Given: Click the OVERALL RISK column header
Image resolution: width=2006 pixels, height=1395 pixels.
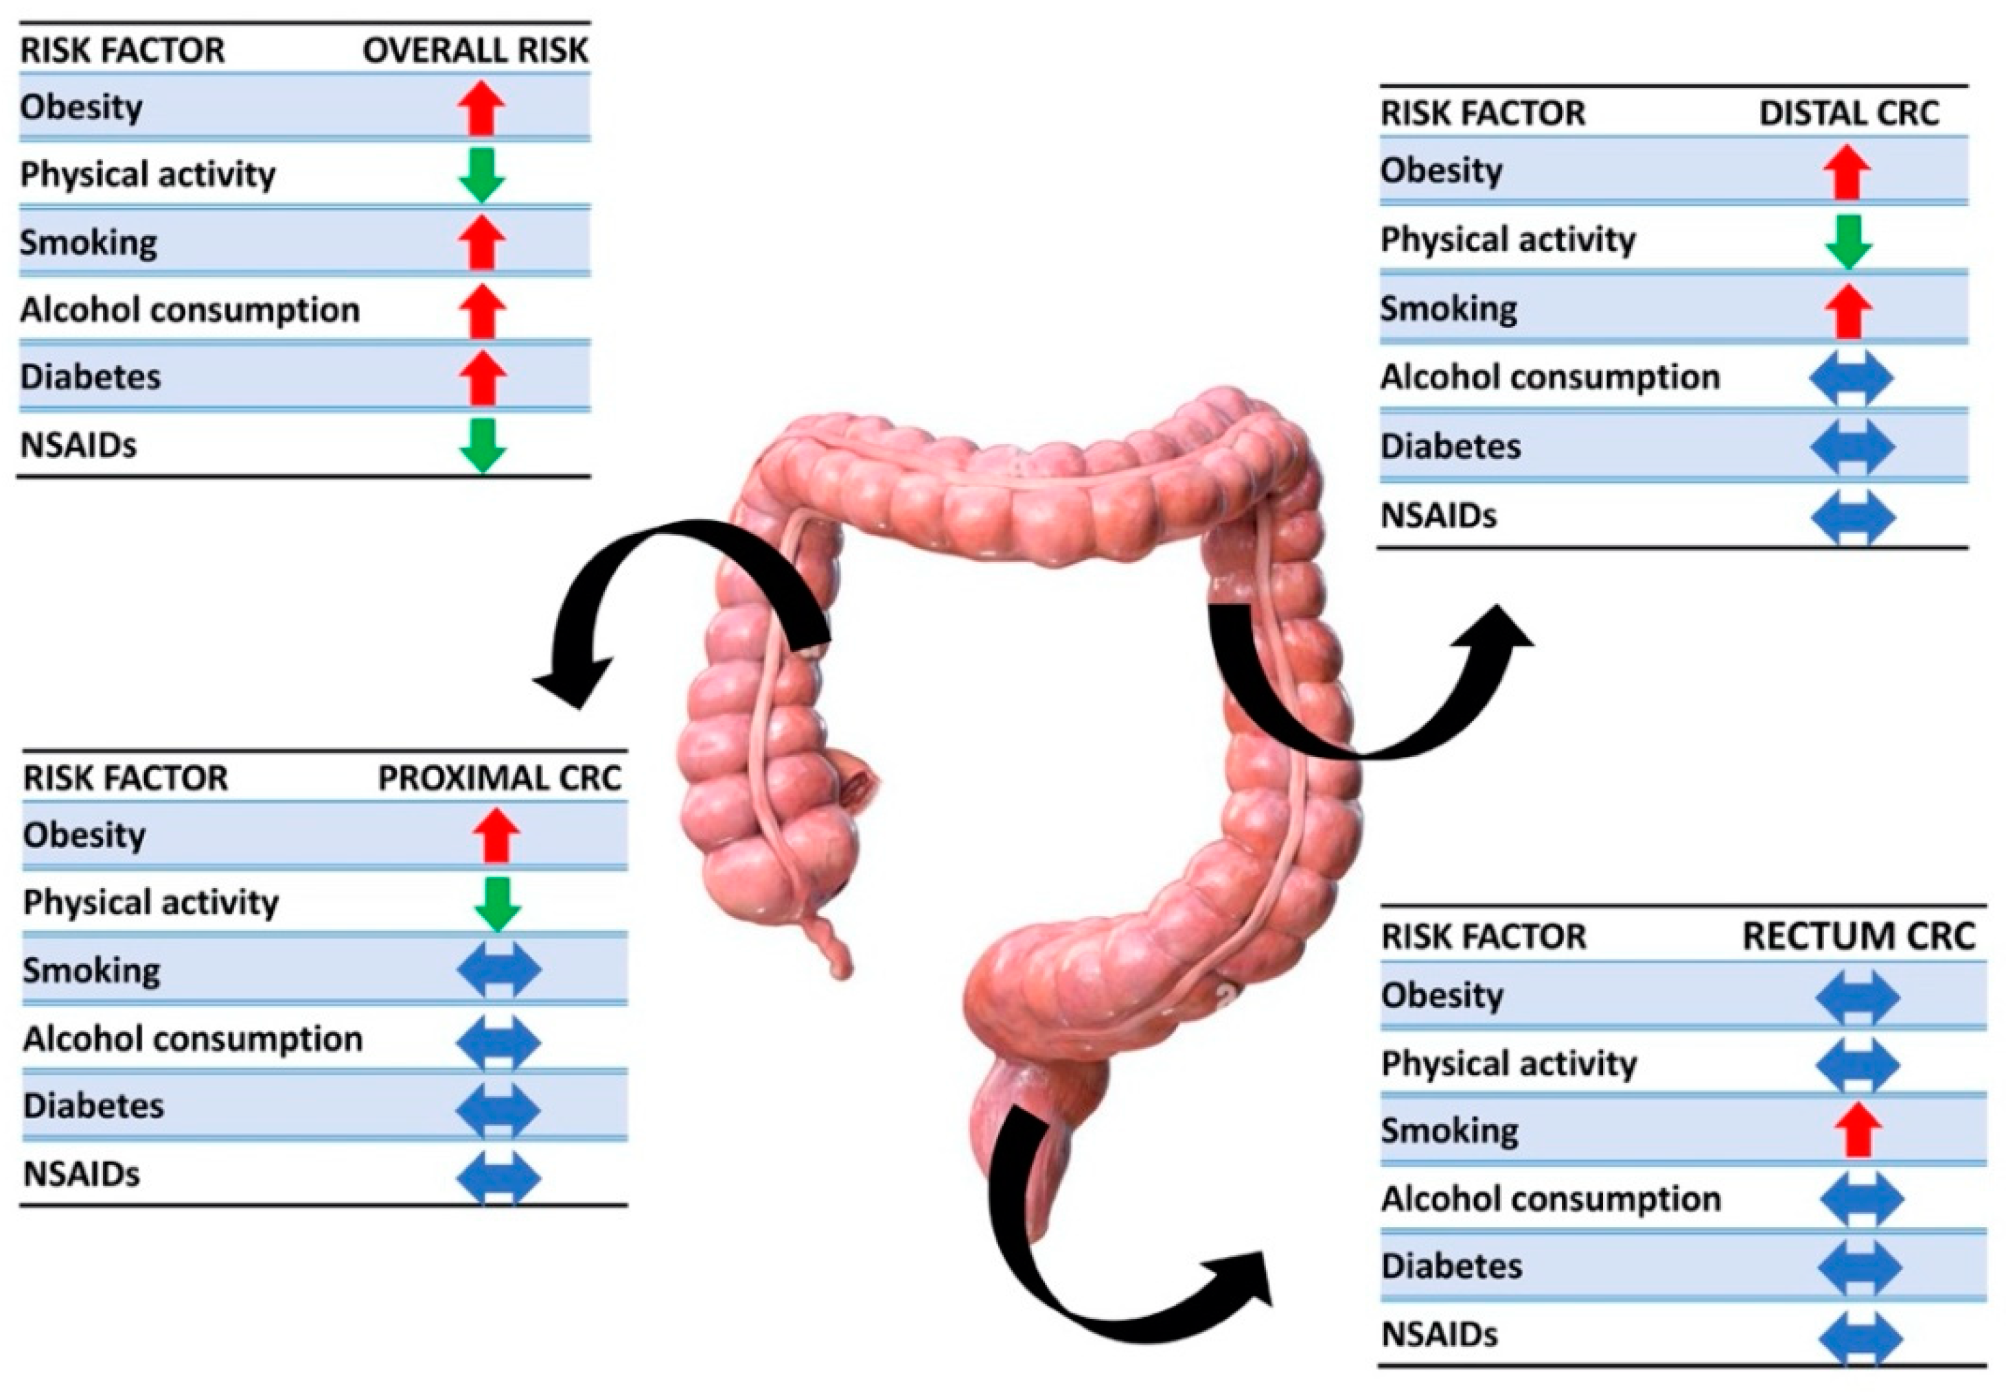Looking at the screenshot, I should [x=475, y=51].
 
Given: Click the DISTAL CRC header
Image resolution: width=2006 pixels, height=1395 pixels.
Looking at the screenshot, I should [x=1849, y=113].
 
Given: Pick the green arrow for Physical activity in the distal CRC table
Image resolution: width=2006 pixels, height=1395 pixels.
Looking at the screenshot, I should [x=1848, y=241].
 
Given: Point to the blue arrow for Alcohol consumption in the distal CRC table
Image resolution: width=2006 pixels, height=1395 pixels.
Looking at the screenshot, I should [x=1852, y=378].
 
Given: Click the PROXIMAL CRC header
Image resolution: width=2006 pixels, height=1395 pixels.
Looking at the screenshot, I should [x=499, y=778].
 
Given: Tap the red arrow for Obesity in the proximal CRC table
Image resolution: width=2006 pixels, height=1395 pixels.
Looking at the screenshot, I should [x=496, y=835].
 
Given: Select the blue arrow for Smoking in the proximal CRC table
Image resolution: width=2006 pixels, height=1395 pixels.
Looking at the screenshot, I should [x=499, y=970].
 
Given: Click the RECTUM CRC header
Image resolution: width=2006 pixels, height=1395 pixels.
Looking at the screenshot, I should [x=1858, y=937].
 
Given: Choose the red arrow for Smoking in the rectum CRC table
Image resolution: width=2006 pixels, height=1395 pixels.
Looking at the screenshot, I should [x=1858, y=1130].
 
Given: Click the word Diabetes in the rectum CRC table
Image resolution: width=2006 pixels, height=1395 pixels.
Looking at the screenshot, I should [x=1452, y=1266].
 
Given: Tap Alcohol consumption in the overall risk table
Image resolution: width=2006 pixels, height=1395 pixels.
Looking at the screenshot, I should [x=189, y=310].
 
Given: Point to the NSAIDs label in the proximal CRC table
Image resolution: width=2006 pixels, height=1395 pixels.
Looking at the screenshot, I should [x=81, y=1175].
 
